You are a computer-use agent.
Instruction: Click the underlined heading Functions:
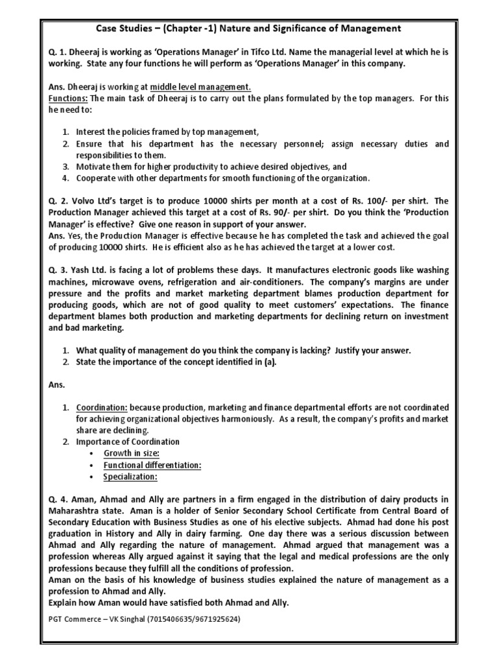[x=68, y=98]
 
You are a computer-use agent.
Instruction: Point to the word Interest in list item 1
[x=93, y=132]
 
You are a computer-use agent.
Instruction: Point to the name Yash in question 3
[x=82, y=270]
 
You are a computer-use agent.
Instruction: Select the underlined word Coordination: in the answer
[x=102, y=407]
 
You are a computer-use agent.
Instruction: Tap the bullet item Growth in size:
[x=131, y=453]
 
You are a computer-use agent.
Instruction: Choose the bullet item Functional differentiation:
[x=152, y=465]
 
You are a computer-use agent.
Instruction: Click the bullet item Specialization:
[x=130, y=477]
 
